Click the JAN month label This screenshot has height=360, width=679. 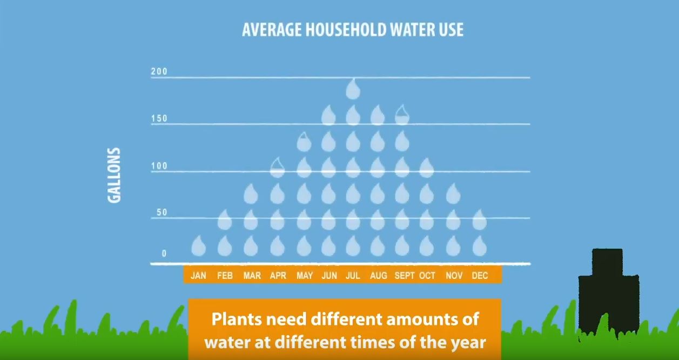pos(198,275)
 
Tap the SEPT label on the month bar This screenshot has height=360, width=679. pos(405,275)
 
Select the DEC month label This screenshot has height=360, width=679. pos(480,275)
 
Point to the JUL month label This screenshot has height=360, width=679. pos(353,275)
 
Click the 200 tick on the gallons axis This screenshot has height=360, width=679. pos(159,71)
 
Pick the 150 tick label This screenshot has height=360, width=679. pos(159,118)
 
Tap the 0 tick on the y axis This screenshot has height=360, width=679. pos(164,254)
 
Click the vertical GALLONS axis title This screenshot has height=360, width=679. pos(114,175)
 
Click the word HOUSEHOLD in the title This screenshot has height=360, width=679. pos(346,30)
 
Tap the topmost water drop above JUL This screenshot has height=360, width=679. pos(353,89)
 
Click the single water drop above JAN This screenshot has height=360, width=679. pos(199,245)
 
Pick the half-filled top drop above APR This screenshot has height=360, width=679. pos(277,168)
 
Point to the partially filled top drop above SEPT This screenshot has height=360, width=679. pos(402,115)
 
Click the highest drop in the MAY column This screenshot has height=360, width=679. pos(304,142)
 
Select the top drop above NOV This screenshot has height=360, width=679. pos(453,194)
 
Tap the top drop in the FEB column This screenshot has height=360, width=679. pos(225,219)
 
